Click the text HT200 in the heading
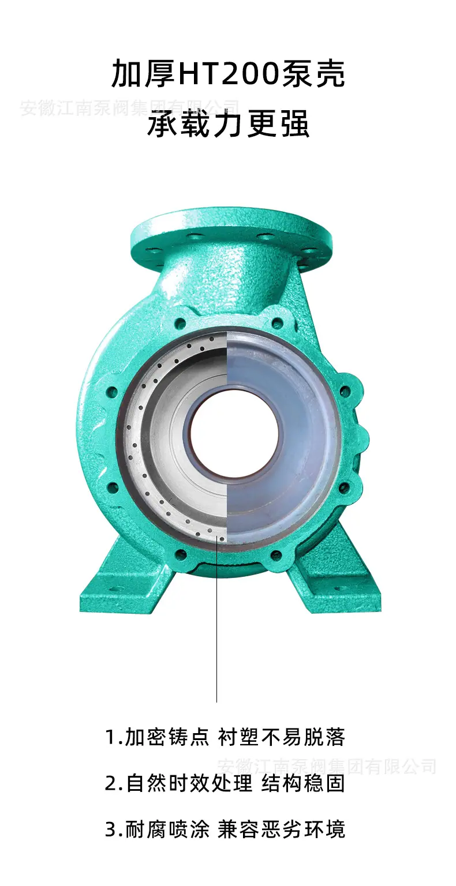pos(229,74)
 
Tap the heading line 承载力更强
pos(228,123)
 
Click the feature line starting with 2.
pos(225,783)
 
